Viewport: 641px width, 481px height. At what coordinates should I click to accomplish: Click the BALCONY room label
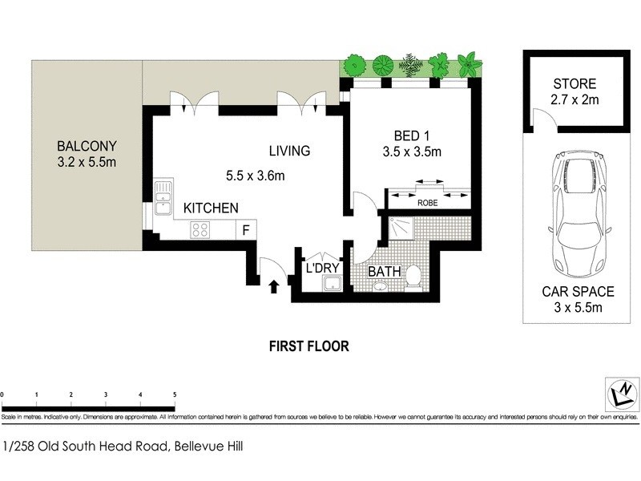click(x=87, y=147)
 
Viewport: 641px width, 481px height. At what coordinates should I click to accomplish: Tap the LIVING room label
click(x=289, y=151)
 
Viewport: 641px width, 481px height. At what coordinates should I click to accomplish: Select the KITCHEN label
click(x=211, y=208)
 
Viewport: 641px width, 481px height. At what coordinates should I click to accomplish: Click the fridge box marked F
click(x=246, y=230)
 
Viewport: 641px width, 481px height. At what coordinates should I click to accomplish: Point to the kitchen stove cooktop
click(x=200, y=230)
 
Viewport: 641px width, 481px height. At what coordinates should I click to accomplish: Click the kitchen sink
click(x=163, y=198)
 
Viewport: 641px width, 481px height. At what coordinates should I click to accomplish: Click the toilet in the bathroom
click(x=413, y=276)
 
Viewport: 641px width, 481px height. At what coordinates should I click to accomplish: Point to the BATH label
click(x=384, y=272)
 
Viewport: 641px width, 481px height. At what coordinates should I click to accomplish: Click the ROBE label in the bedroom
click(x=427, y=204)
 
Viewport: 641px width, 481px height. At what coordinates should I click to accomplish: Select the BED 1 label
click(x=413, y=135)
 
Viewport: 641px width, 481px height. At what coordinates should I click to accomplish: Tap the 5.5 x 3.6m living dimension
click(x=255, y=176)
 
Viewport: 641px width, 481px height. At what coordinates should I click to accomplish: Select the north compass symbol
click(x=621, y=393)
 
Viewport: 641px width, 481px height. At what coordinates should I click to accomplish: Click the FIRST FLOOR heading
click(x=309, y=347)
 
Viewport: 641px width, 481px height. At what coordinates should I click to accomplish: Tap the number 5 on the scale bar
click(x=175, y=395)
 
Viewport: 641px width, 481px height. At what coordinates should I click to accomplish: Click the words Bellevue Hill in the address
click(x=207, y=447)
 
